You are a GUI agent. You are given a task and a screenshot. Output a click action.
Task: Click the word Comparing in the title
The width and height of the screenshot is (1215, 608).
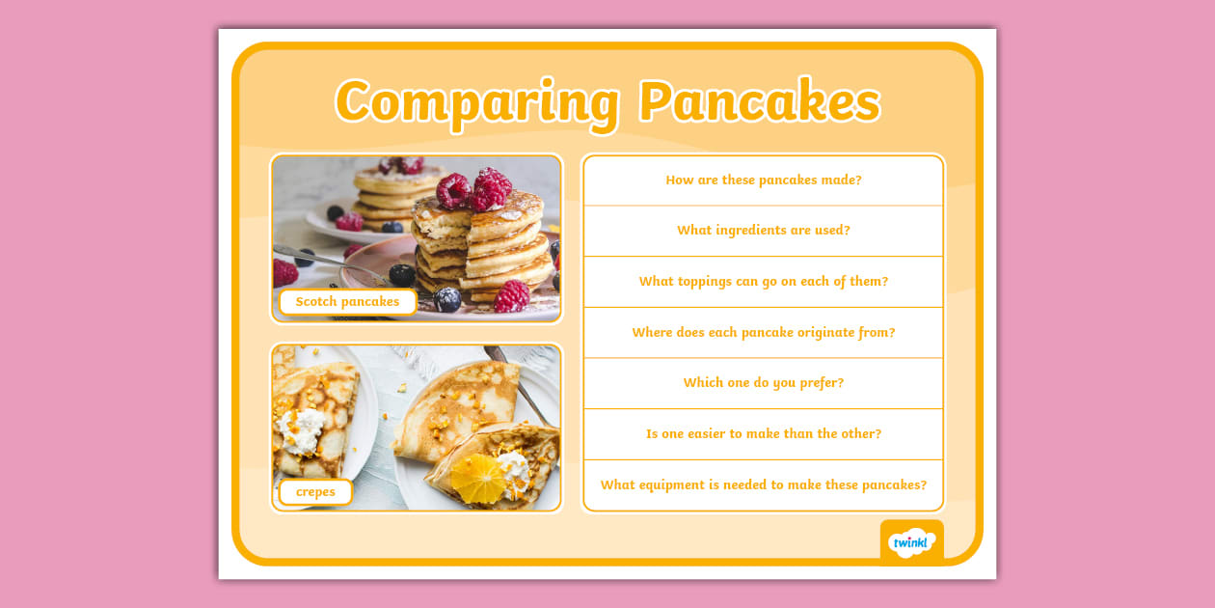[476, 101]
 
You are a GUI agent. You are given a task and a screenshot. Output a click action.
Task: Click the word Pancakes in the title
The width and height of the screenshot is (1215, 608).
[759, 101]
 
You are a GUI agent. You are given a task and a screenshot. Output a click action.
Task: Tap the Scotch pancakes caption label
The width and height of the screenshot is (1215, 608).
[347, 302]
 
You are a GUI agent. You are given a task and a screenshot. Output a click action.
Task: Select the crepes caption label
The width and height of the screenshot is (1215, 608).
[315, 492]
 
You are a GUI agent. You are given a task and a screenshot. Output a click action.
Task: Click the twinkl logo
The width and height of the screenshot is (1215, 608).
[911, 542]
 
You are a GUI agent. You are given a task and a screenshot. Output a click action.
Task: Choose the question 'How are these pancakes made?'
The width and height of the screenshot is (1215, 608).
[763, 180]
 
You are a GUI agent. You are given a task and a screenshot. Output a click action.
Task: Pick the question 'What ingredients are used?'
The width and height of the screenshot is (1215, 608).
[763, 231]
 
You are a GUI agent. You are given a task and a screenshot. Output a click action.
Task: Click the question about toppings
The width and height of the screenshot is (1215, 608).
[763, 282]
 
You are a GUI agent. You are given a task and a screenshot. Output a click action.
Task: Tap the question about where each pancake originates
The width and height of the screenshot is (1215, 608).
[763, 333]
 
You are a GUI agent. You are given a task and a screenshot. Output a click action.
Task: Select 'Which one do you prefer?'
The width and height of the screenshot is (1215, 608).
[763, 383]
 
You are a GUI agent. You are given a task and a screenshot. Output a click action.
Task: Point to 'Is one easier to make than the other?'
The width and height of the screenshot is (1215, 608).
[763, 434]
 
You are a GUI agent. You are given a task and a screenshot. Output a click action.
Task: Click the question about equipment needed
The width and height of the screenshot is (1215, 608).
[763, 485]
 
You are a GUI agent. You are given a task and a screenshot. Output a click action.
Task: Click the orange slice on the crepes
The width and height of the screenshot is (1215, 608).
[477, 477]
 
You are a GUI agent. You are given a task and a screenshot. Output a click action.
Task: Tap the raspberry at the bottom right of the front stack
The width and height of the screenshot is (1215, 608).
[511, 295]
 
